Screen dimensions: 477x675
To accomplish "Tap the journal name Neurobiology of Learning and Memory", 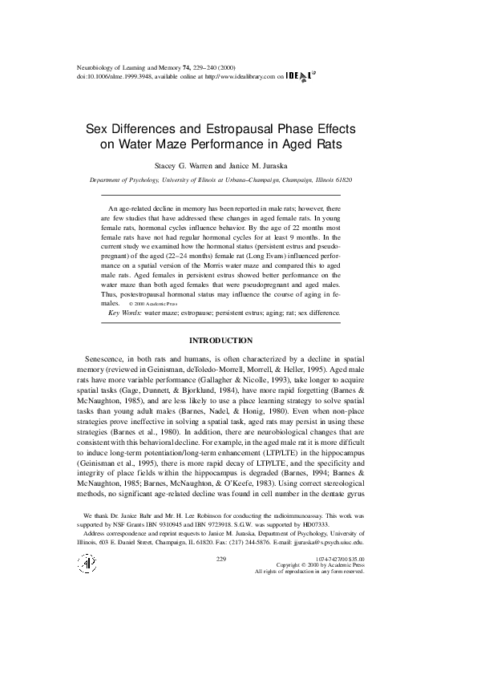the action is (x=112, y=70).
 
